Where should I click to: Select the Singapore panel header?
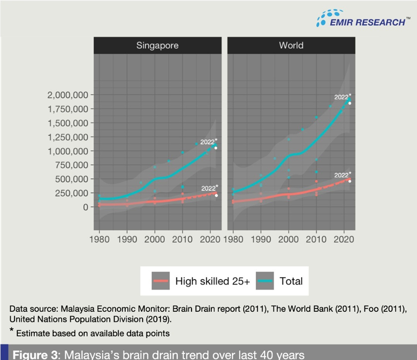coord(157,46)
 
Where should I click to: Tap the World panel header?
coord(291,46)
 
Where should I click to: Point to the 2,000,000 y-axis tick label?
coord(68,95)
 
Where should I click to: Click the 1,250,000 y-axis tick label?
coord(68,137)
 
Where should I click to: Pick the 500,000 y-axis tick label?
coord(71,179)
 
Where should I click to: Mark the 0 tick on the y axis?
coord(85,207)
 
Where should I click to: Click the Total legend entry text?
coord(291,281)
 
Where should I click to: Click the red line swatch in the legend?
coord(161,281)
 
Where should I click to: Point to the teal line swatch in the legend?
coord(266,281)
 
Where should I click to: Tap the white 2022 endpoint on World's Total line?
coord(350,103)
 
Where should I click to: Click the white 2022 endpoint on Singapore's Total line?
coord(216,148)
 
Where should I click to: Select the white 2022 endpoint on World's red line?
coord(350,181)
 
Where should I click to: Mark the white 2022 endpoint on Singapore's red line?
coord(216,195)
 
